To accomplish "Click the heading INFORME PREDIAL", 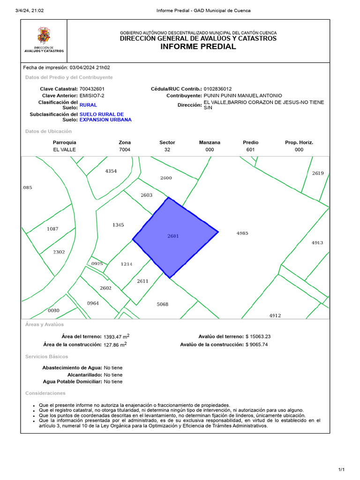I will pos(198,46).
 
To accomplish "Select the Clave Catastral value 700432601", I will pos(92,89).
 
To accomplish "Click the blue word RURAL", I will pos(88,105).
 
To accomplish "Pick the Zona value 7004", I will pos(125,150).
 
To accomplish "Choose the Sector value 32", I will pos(167,150).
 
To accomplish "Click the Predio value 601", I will pos(251,150).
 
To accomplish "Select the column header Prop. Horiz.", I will pos(299,142).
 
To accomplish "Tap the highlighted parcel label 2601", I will pos(173,236).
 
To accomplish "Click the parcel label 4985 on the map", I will pos(242,233).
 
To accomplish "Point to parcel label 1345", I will pos(118,225).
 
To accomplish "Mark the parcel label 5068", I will pos(162,304).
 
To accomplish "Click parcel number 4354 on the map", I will pos(111,171).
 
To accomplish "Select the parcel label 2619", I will pos(318,173).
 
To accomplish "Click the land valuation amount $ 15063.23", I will pos(258,337).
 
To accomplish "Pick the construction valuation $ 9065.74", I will pos(258,345).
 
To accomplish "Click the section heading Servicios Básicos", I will pos(46,357).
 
